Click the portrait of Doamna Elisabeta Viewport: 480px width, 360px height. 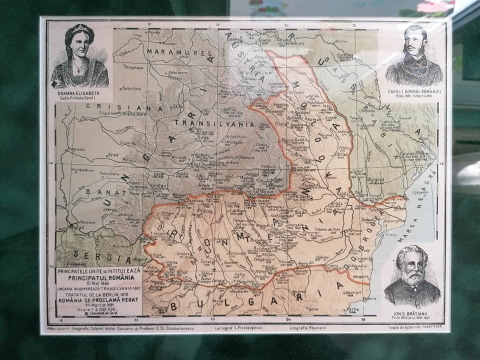pos(79,55)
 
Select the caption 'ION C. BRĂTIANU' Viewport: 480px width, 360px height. pos(412,314)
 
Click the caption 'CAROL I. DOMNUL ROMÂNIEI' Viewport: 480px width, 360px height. pos(413,91)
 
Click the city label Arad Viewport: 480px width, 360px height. pos(113,155)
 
